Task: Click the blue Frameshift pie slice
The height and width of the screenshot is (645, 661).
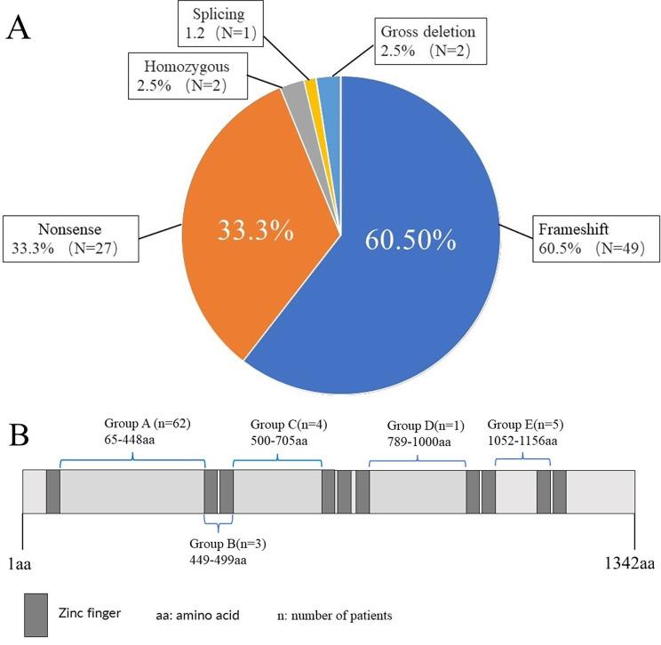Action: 418,267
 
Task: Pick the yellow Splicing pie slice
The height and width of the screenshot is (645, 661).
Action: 311,85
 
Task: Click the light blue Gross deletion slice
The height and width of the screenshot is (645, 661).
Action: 328,84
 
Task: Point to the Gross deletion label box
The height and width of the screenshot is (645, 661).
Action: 429,42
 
